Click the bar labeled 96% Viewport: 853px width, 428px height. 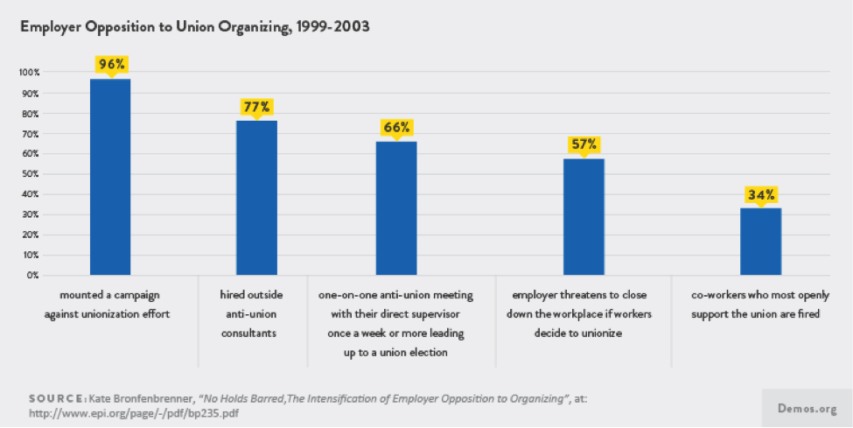(110, 177)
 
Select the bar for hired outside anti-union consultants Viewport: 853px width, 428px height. (256, 198)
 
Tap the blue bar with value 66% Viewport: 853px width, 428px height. (396, 208)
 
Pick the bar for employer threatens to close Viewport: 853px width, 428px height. (584, 217)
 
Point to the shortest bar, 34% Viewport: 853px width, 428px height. (760, 242)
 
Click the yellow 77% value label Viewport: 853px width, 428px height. (256, 108)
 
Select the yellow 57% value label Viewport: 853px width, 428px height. (584, 144)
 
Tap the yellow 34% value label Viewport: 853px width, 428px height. (760, 195)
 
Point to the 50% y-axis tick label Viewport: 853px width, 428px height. (31, 174)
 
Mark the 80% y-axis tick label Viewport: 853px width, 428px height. (31, 114)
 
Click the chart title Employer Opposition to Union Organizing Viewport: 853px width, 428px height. (195, 27)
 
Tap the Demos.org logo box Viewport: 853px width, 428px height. (808, 408)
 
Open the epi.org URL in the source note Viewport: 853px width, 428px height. (133, 413)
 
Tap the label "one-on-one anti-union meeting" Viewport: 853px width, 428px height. (396, 296)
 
